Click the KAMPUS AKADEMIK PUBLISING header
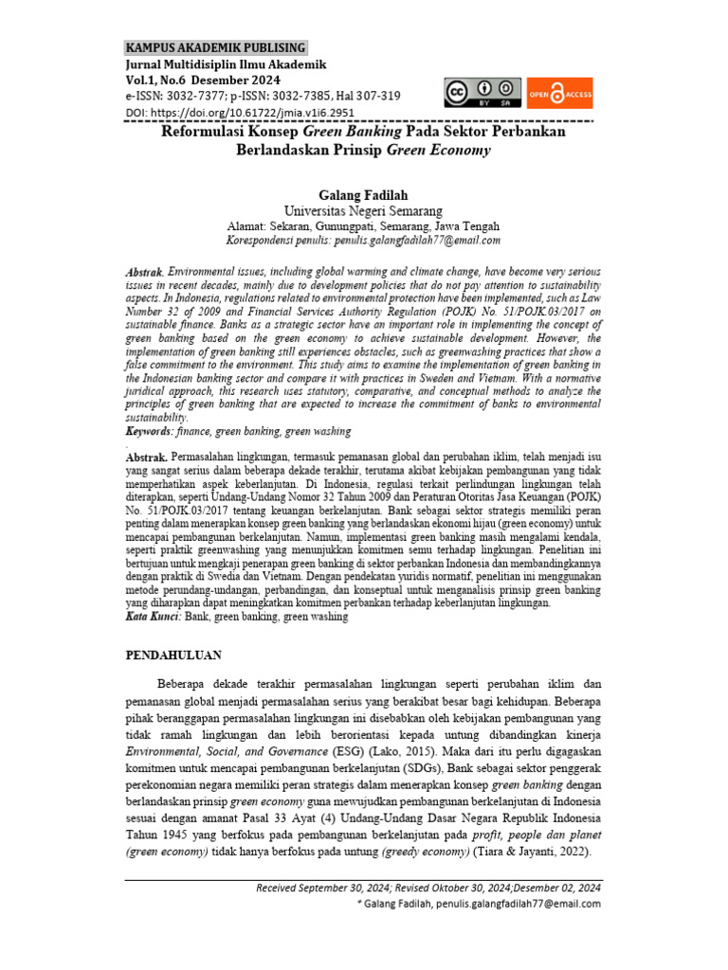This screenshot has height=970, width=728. click(216, 47)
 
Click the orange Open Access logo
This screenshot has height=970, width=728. click(559, 93)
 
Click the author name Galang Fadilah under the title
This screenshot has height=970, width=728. click(363, 194)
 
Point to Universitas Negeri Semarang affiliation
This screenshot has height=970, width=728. click(363, 210)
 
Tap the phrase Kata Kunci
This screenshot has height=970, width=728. click(154, 617)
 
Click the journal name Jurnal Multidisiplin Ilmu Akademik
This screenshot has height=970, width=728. click(226, 64)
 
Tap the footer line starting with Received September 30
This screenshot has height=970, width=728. click(428, 889)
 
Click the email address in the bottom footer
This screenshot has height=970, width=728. click(518, 905)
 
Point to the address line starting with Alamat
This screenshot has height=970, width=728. click(363, 227)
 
